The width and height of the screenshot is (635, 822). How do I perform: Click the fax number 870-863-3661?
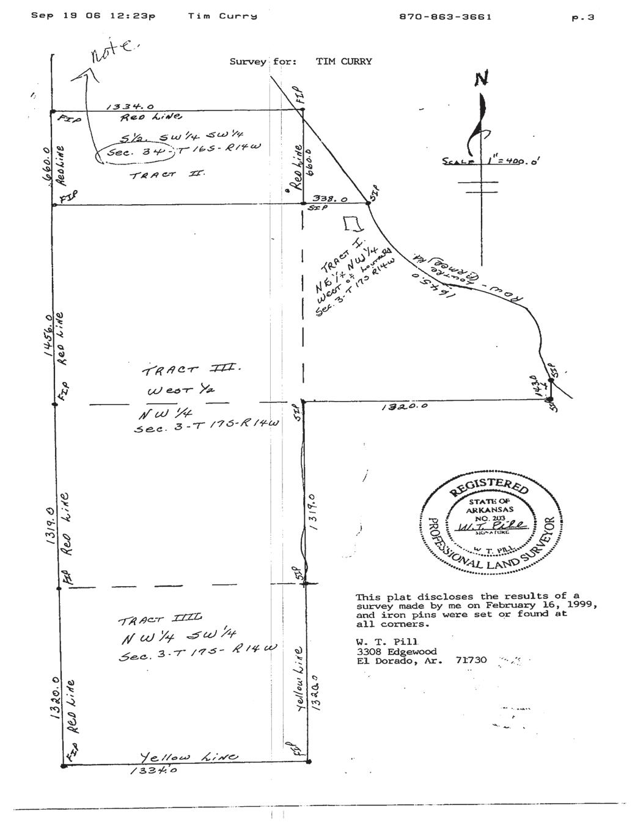tap(445, 17)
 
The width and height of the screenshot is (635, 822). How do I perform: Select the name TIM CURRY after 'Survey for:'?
tap(343, 61)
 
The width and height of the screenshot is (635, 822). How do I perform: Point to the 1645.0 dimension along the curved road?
tap(425, 284)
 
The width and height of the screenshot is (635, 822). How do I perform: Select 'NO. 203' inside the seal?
tap(491, 517)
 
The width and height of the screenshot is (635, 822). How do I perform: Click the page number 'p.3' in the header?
tap(582, 18)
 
